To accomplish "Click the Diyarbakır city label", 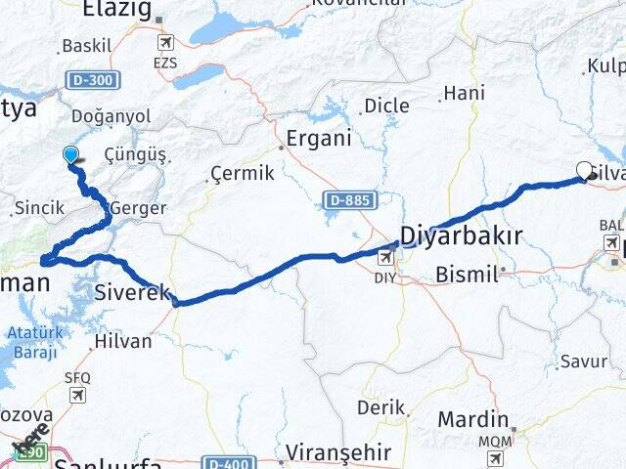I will [460, 235].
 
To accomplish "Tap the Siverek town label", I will [134, 291].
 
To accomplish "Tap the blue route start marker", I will [70, 154].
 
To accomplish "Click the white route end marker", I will [585, 170].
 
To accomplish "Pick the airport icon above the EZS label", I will [165, 43].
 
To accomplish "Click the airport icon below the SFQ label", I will [76, 396].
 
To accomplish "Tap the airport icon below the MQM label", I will [495, 458].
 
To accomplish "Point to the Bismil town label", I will [467, 274].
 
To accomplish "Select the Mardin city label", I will [472, 419].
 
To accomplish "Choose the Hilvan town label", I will [123, 341].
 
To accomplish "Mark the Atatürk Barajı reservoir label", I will [33, 343].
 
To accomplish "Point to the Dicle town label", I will [386, 106].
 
